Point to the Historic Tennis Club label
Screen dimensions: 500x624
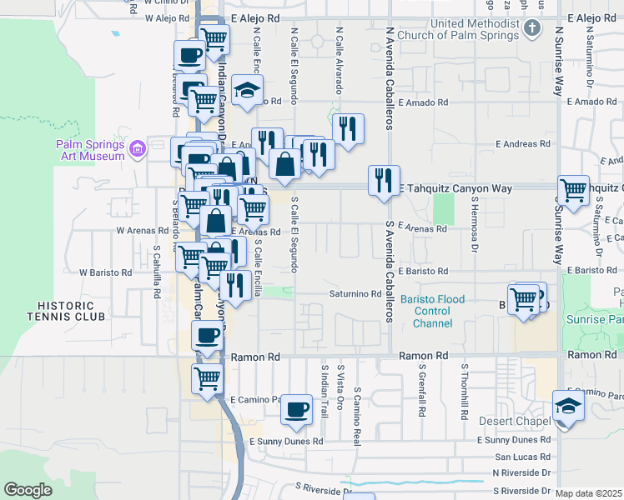point(66,311)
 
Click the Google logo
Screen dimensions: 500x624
point(28,490)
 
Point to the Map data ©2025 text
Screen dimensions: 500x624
point(588,493)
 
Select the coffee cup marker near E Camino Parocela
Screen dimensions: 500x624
point(296,408)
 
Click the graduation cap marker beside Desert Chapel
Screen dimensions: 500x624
point(568,405)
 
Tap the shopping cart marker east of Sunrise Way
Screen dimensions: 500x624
point(573,190)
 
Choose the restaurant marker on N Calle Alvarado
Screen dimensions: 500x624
point(348,128)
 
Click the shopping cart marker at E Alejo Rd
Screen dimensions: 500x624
point(214,38)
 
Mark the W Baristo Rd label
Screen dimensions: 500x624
point(105,272)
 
